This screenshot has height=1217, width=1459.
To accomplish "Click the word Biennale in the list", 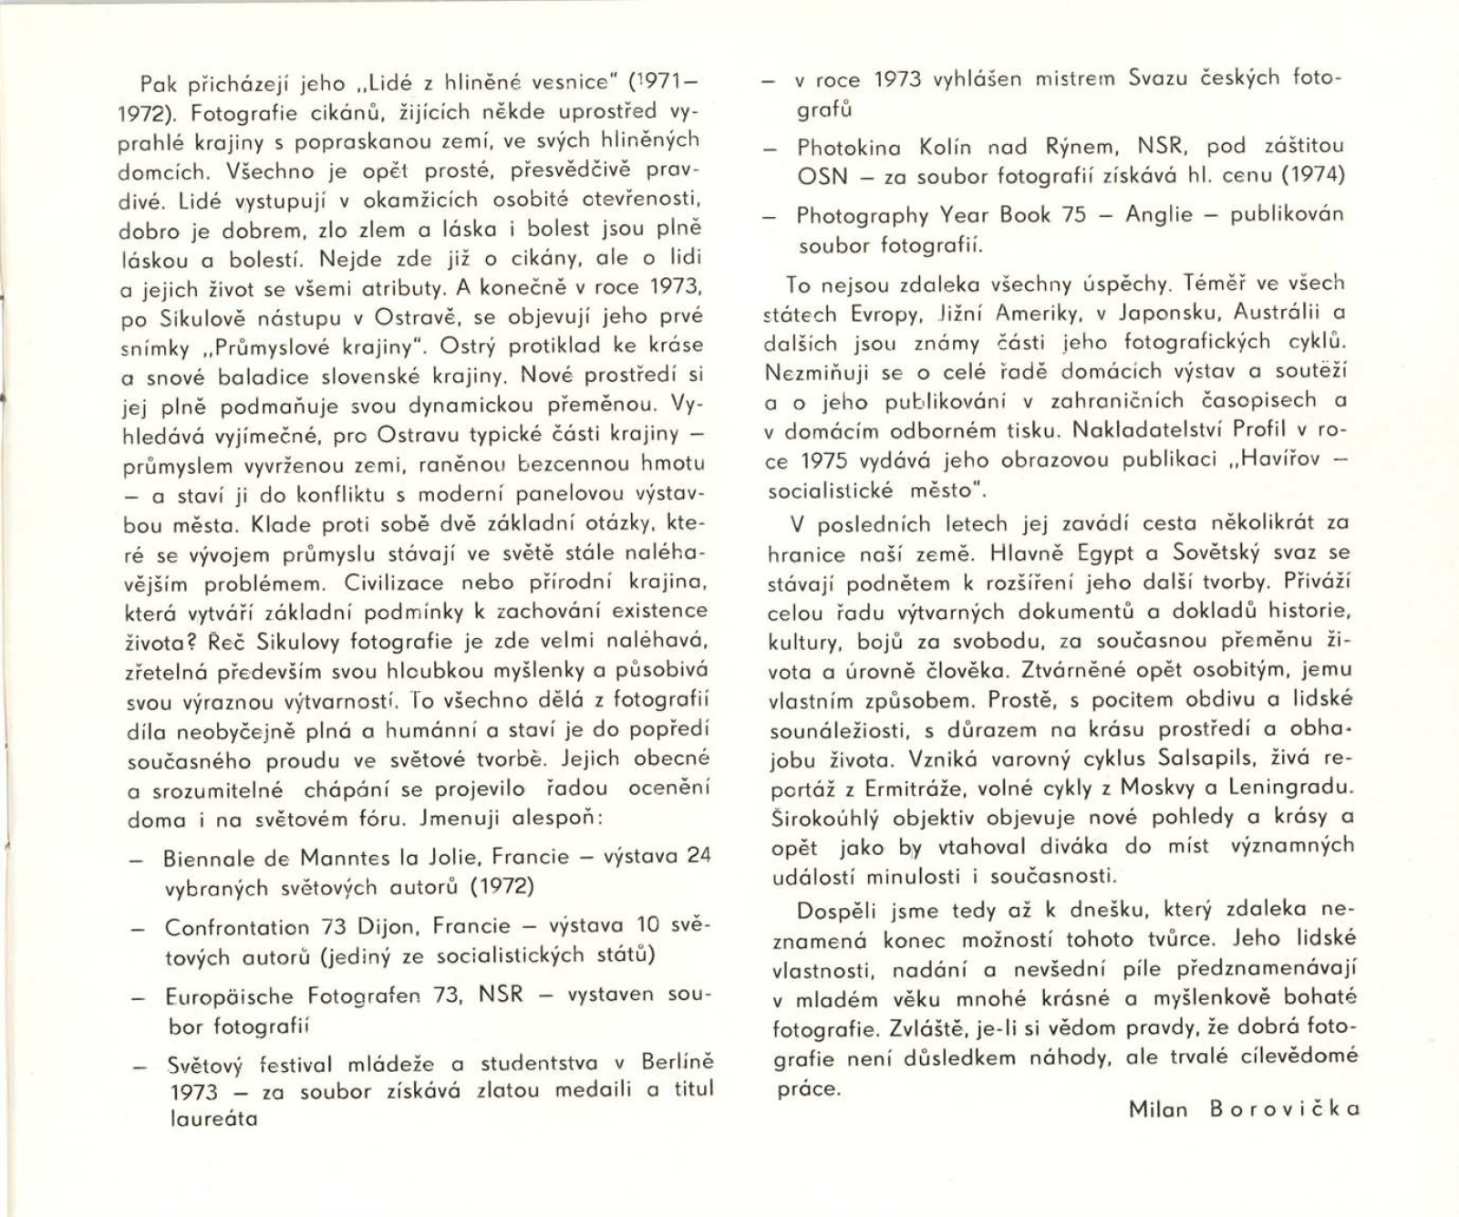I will [209, 858].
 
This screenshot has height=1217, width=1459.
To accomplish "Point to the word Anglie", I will [1159, 215].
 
